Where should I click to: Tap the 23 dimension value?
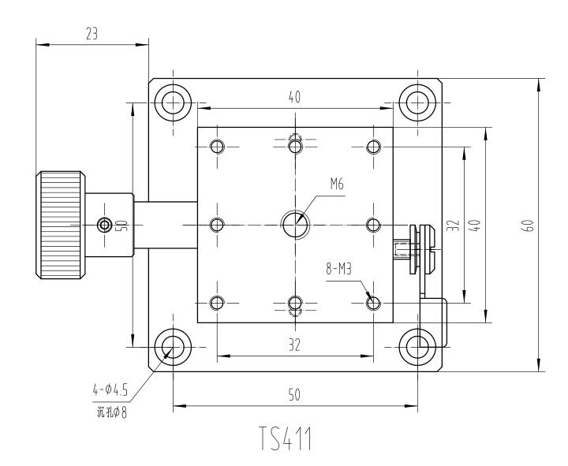(x=92, y=32)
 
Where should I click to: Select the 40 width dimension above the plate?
(x=294, y=97)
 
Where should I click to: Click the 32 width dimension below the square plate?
(x=294, y=345)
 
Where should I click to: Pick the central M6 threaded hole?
(x=295, y=224)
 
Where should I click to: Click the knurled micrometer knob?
(x=62, y=225)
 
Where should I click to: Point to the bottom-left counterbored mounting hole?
(x=171, y=347)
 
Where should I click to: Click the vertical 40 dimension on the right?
(x=474, y=225)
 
